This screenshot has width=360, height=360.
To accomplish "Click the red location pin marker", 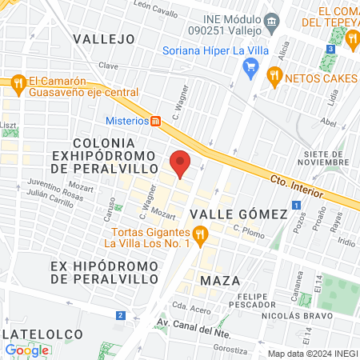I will click(181, 162).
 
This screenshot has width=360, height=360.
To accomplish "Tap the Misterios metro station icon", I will click(156, 121).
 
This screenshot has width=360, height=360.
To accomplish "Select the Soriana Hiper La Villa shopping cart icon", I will click(250, 68).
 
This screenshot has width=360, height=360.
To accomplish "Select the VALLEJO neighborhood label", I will click(103, 38).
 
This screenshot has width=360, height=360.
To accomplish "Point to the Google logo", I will click(27, 350).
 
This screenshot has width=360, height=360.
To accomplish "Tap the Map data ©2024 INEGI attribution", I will click(311, 353).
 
